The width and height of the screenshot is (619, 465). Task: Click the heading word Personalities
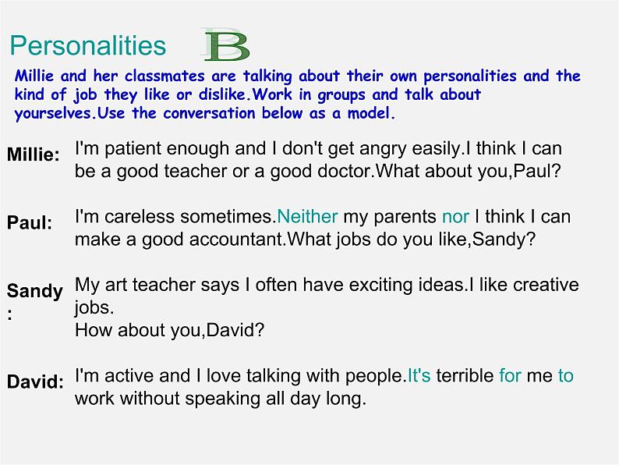87,45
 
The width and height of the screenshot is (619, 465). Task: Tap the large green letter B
227,47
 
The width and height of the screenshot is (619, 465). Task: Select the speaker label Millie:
34,154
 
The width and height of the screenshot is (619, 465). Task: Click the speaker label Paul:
30,223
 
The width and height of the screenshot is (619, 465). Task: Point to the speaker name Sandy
35,291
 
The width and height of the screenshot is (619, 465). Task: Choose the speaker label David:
36,382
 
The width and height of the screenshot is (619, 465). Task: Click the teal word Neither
307,216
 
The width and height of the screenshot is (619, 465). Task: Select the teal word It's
419,375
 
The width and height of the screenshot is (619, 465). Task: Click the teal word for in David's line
510,375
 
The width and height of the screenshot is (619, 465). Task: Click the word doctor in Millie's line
345,171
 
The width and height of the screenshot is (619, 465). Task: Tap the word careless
140,216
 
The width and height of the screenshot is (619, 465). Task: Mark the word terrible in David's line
465,375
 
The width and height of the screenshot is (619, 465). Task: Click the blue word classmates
164,76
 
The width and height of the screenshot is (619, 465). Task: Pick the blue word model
371,113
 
